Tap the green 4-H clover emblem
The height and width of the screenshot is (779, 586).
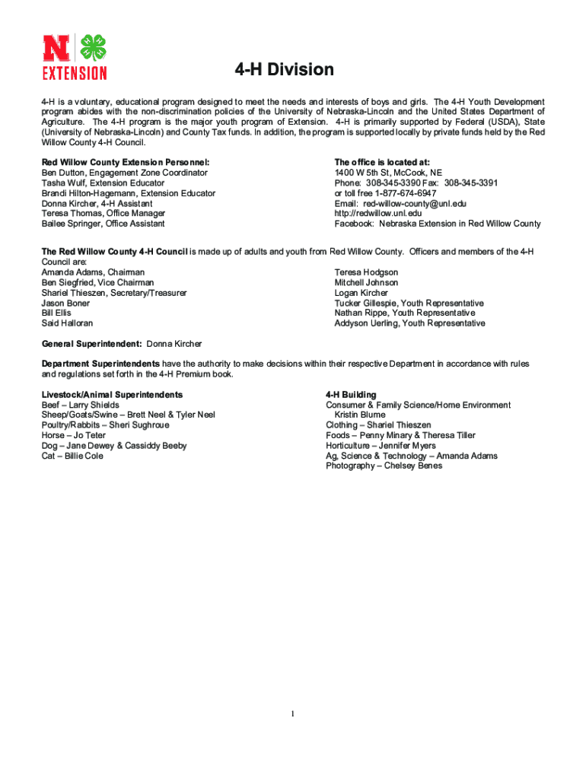click(x=94, y=47)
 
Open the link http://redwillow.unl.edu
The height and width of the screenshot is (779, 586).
click(x=377, y=214)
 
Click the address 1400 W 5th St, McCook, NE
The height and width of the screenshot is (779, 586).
click(x=388, y=173)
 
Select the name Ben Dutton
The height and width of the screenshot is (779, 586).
click(x=63, y=173)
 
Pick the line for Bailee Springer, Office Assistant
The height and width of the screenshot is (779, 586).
click(x=103, y=224)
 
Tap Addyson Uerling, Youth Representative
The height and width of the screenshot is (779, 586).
click(x=409, y=323)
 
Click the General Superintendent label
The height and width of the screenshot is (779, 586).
click(x=91, y=344)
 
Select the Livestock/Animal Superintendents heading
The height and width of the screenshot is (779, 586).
click(x=112, y=395)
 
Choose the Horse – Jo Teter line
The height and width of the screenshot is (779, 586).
click(x=73, y=436)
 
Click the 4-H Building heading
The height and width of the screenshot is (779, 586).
click(x=351, y=395)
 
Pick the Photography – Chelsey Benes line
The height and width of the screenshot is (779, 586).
click(x=384, y=466)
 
